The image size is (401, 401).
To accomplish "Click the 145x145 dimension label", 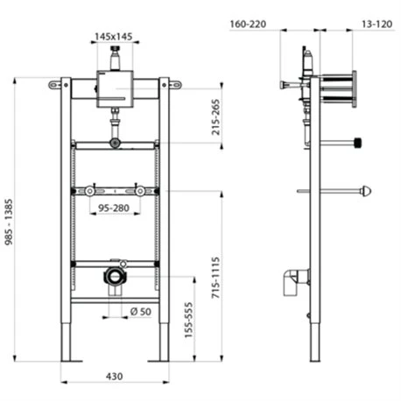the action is click(x=113, y=37).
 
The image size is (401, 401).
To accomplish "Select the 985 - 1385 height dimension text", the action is click(x=9, y=222).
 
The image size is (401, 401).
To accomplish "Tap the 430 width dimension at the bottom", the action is click(x=114, y=376).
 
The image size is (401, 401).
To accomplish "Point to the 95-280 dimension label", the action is click(x=114, y=208).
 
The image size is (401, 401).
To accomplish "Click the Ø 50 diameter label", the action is click(x=141, y=312).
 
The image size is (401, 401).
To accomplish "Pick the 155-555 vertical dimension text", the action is click(x=188, y=320).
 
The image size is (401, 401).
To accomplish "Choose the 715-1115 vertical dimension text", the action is click(x=215, y=278).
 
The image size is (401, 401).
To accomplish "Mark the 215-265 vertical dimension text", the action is click(x=215, y=117).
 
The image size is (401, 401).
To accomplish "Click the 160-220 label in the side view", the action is click(x=248, y=24).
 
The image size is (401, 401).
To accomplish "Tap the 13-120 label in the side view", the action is click(x=376, y=24).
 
